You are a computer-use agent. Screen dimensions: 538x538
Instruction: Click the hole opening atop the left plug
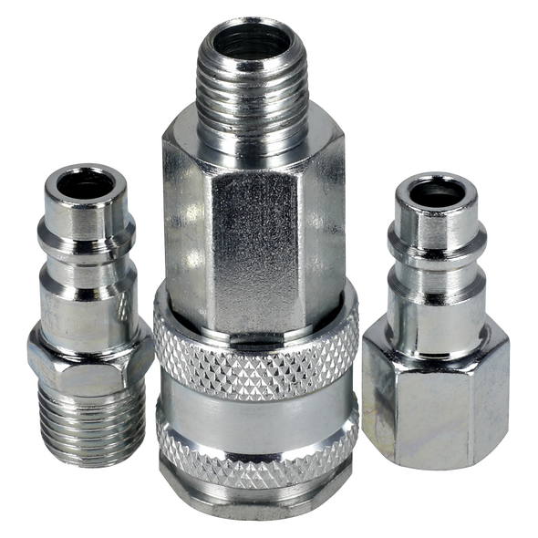click(84, 180)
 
